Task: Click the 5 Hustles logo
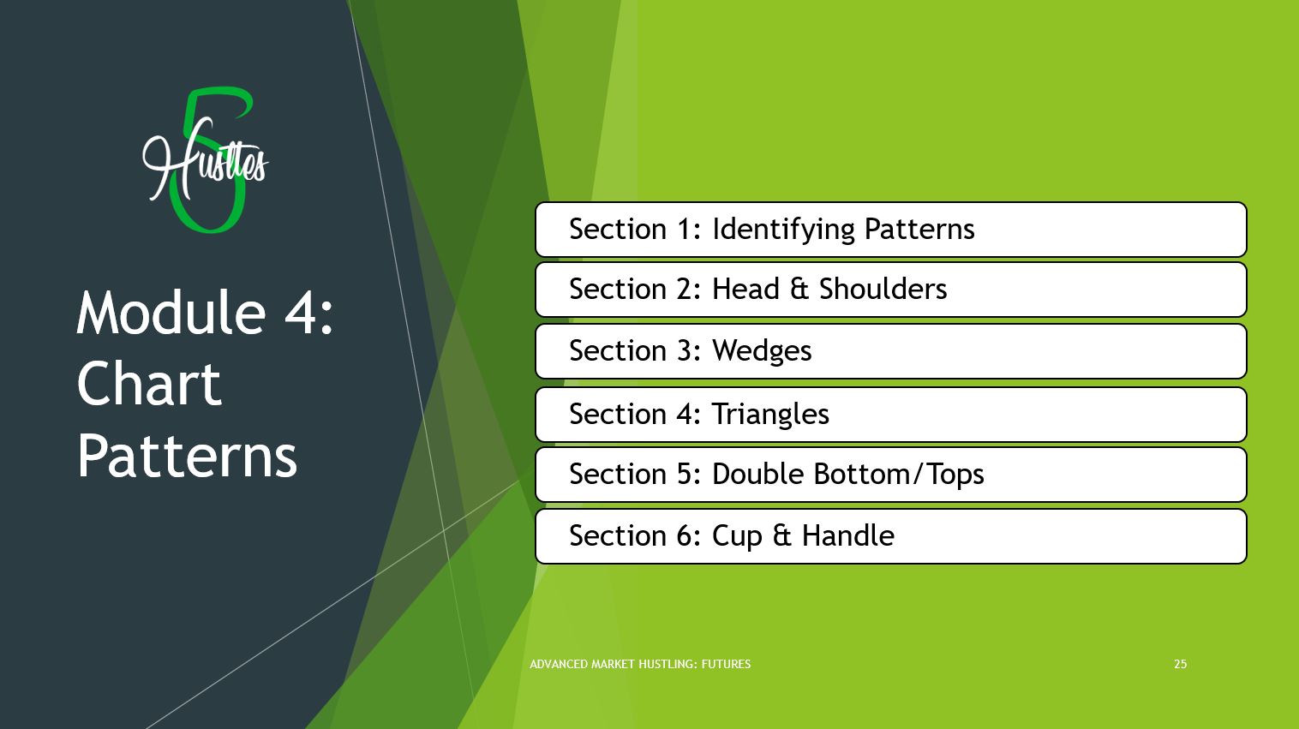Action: point(206,161)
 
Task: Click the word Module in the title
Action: point(171,314)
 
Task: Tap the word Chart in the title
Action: point(149,384)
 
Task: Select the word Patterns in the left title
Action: point(187,455)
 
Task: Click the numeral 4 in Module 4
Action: point(301,314)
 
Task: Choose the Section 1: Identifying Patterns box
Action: point(891,229)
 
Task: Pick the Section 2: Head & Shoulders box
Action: point(891,290)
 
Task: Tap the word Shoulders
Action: point(883,289)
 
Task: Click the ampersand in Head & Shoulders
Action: point(799,289)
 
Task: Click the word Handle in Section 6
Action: point(847,535)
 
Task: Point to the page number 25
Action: point(1180,664)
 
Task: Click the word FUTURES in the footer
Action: point(726,664)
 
